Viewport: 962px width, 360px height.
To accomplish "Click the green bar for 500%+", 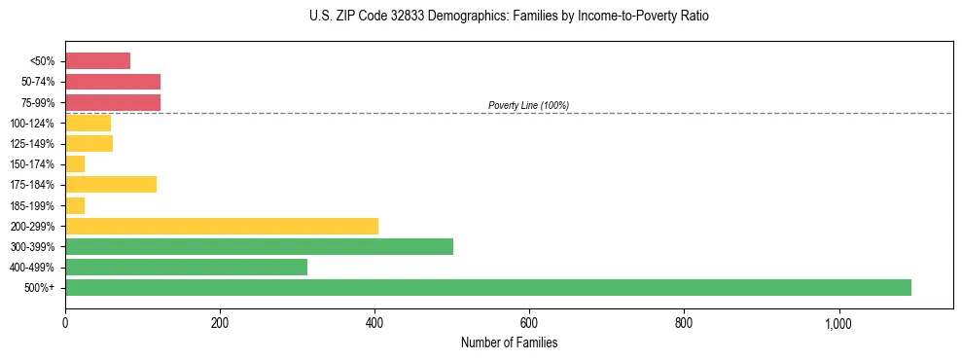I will pyautogui.click(x=487, y=287).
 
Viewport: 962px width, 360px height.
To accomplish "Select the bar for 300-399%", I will pyautogui.click(x=259, y=246).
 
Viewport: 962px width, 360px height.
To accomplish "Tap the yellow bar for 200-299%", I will pyautogui.click(x=221, y=226).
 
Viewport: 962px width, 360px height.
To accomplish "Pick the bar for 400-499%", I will pyautogui.click(x=186, y=267).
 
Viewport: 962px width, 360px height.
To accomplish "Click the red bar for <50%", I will pyautogui.click(x=97, y=61).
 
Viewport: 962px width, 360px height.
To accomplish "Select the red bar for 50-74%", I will pyautogui.click(x=112, y=82).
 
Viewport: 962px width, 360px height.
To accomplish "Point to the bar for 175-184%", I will pyautogui.click(x=110, y=185).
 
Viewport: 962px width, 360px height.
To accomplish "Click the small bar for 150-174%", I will pyautogui.click(x=75, y=164).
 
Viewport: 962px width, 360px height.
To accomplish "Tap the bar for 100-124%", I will pyautogui.click(x=88, y=123).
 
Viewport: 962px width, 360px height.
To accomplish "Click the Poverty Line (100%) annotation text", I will pyautogui.click(x=528, y=105).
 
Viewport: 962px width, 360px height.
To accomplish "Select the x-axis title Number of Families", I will pyautogui.click(x=509, y=342).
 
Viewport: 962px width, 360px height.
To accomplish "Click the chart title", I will pyautogui.click(x=510, y=17).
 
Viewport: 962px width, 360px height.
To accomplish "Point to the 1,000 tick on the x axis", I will pyautogui.click(x=838, y=323).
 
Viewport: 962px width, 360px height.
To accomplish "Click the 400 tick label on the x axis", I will pyautogui.click(x=374, y=323).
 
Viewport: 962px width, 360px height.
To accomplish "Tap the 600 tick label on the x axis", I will pyautogui.click(x=529, y=323).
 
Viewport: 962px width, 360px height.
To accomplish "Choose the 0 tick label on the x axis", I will pyautogui.click(x=65, y=323).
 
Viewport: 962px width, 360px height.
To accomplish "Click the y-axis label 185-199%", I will pyautogui.click(x=33, y=205).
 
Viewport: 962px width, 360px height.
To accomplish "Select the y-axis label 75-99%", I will pyautogui.click(x=37, y=102).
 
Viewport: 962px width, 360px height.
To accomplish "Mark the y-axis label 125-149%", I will pyautogui.click(x=33, y=144).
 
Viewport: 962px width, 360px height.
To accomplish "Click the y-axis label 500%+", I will pyautogui.click(x=40, y=288).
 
